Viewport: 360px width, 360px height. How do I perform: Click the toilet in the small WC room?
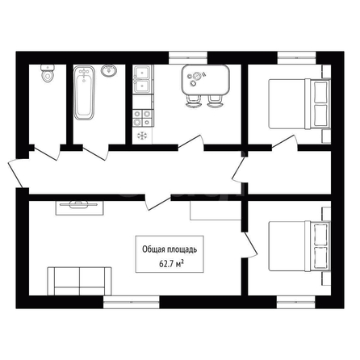point(48,73)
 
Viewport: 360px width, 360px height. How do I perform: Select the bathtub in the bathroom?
point(84,93)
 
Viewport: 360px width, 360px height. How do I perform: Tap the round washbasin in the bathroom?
point(109,70)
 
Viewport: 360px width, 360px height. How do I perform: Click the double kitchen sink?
point(143,80)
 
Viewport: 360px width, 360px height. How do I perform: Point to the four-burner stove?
point(143,118)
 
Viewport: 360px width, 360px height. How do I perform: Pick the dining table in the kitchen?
point(206,80)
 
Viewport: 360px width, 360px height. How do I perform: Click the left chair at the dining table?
point(193,102)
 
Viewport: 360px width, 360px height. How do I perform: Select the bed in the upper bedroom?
point(299,103)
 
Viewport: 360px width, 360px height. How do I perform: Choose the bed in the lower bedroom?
point(299,246)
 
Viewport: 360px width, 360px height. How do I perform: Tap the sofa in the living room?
point(79,281)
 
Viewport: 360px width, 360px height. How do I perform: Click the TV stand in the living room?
point(80,208)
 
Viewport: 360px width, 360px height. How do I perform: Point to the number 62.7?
point(166,264)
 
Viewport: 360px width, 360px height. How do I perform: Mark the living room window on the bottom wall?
point(132,302)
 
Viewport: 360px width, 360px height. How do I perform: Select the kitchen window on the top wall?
point(188,58)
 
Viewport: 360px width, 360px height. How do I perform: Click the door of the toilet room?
point(47,153)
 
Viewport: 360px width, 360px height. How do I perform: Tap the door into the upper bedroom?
point(285,142)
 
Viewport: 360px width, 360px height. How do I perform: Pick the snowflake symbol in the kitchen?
point(142,136)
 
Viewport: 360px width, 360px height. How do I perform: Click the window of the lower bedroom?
point(296,302)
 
